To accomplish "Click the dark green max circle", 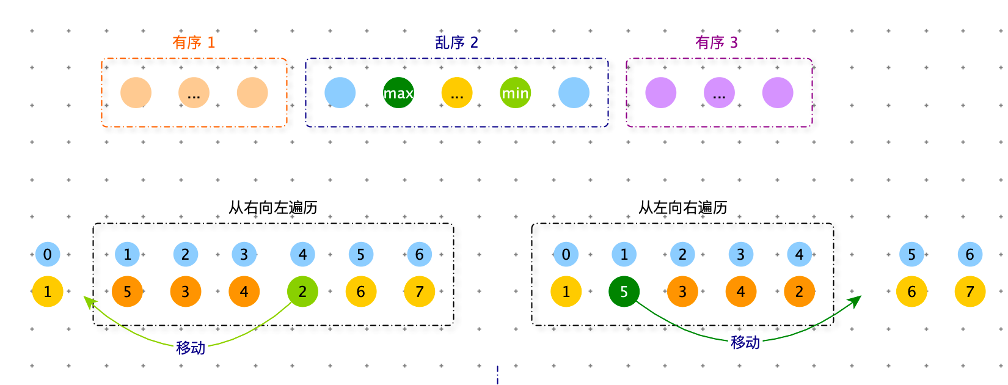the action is (x=398, y=93).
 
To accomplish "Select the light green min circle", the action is (x=515, y=93).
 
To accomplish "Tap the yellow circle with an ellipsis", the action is (x=457, y=93).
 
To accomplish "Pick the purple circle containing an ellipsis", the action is (x=719, y=93).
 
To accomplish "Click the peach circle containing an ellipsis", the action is (x=194, y=93).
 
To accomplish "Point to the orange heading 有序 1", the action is (x=194, y=42).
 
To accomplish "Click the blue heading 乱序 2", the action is (x=456, y=42).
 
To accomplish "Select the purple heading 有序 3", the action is (x=717, y=42).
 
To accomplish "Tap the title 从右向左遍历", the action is (x=273, y=208).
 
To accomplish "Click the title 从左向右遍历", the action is (x=682, y=208).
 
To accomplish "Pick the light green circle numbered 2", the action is (x=302, y=291).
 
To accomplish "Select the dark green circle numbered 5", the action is (x=624, y=291).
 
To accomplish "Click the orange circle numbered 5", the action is (x=127, y=291).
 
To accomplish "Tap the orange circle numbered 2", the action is (x=799, y=291).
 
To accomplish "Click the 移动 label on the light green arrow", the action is (x=191, y=348).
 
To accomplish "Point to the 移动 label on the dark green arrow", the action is (x=745, y=342).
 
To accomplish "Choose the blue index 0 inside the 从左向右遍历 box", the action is (x=566, y=254).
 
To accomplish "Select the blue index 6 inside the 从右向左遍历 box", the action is (x=420, y=254).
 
